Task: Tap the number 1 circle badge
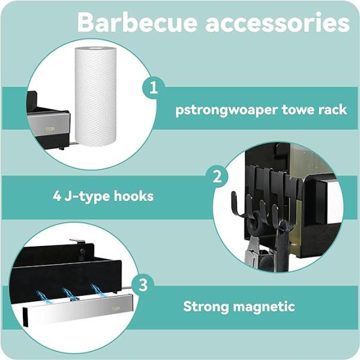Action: click(154, 88)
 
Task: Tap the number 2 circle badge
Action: click(217, 176)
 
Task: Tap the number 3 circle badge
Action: click(142, 284)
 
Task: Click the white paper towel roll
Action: click(95, 97)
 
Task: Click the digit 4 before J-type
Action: click(55, 196)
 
